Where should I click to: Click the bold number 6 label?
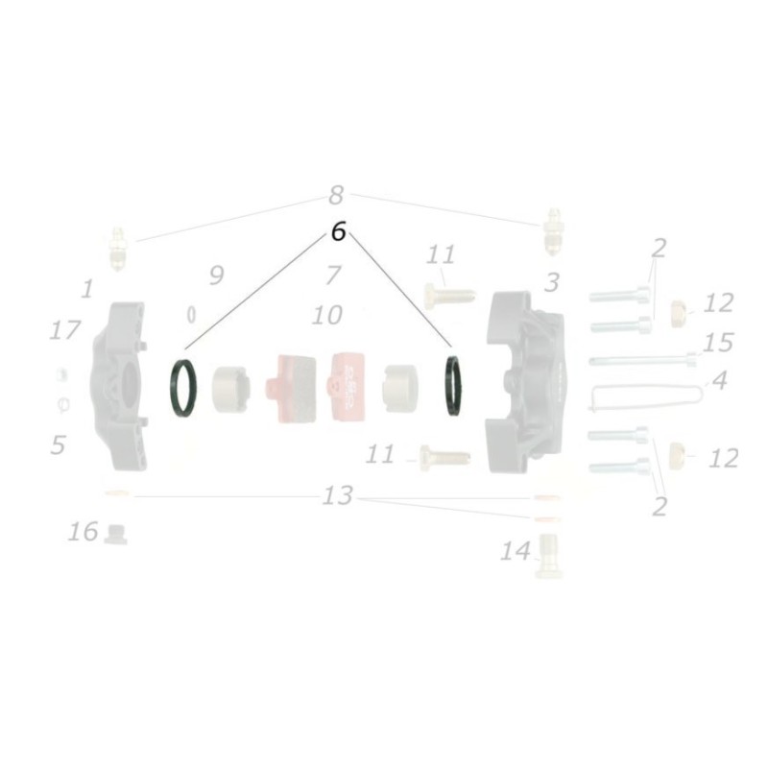pyautogui.click(x=337, y=232)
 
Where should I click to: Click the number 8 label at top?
pyautogui.click(x=335, y=196)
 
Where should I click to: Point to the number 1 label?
pyautogui.click(x=87, y=288)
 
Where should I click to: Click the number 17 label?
pyautogui.click(x=64, y=331)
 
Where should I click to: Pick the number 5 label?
pyautogui.click(x=59, y=444)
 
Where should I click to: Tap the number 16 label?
pyautogui.click(x=84, y=531)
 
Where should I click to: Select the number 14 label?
pyautogui.click(x=515, y=551)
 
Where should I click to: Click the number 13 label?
pyautogui.click(x=338, y=496)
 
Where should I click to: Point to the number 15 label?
pyautogui.click(x=717, y=343)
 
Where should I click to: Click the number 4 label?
pyautogui.click(x=718, y=380)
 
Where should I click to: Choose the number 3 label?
pyautogui.click(x=551, y=282)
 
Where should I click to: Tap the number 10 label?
pyautogui.click(x=326, y=315)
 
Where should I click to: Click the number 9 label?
pyautogui.click(x=216, y=276)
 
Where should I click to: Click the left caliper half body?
pyautogui.click(x=121, y=384)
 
